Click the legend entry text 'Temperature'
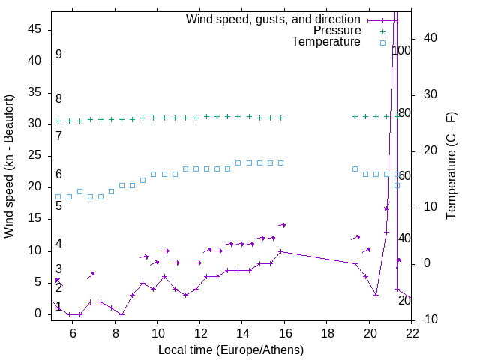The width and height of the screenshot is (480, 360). click(326, 42)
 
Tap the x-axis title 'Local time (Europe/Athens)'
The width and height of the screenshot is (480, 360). click(232, 349)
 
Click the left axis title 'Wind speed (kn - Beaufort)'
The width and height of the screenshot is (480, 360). click(9, 166)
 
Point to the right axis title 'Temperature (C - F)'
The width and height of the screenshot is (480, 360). click(451, 166)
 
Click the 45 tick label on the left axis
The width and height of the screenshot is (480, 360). click(34, 29)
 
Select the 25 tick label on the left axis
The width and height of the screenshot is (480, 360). click(34, 156)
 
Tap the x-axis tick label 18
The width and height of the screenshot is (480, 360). click(327, 334)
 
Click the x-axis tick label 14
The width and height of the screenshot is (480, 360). click(242, 334)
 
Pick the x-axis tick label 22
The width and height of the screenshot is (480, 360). click(412, 334)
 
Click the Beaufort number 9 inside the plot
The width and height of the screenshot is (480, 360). click(58, 55)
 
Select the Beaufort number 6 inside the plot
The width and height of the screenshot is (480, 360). click(58, 175)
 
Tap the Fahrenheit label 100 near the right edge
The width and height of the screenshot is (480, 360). click(401, 51)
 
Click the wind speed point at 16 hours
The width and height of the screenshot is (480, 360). click(281, 251)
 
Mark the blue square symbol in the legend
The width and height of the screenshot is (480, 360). click(382, 43)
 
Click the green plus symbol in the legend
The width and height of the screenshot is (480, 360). click(382, 31)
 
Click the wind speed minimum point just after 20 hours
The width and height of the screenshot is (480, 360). click(376, 295)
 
